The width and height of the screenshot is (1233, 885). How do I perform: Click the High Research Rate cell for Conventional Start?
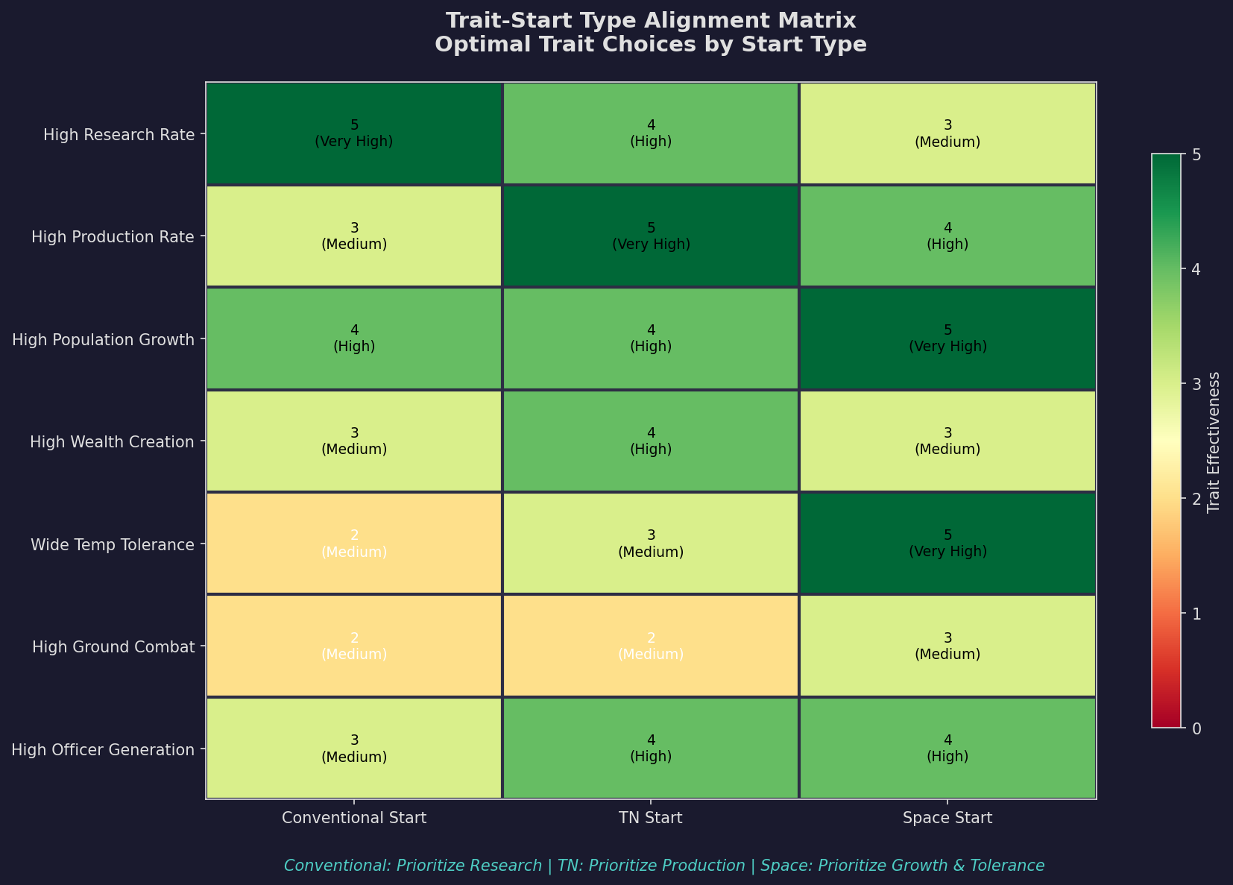354,133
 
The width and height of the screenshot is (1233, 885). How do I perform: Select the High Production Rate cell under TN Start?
651,236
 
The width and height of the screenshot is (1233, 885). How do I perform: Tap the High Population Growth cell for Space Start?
947,338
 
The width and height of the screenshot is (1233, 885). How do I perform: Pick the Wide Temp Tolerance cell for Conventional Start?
354,544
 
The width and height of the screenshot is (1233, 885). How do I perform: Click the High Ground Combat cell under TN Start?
651,646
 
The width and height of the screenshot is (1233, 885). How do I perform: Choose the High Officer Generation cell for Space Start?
947,748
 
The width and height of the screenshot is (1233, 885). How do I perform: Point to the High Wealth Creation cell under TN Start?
651,441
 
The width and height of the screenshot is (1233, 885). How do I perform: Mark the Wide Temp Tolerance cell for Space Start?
947,544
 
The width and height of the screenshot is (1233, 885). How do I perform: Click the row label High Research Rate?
119,135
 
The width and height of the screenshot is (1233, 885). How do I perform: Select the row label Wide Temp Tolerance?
113,545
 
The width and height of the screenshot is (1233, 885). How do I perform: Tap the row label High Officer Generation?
104,749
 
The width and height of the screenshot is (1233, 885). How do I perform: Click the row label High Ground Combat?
113,647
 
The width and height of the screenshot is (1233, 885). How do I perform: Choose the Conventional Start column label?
354,819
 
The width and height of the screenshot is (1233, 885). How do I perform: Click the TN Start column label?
651,819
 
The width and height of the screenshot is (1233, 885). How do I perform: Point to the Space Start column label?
947,819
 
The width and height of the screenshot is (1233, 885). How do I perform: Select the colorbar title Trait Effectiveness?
1214,441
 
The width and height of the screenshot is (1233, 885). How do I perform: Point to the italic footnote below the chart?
664,866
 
